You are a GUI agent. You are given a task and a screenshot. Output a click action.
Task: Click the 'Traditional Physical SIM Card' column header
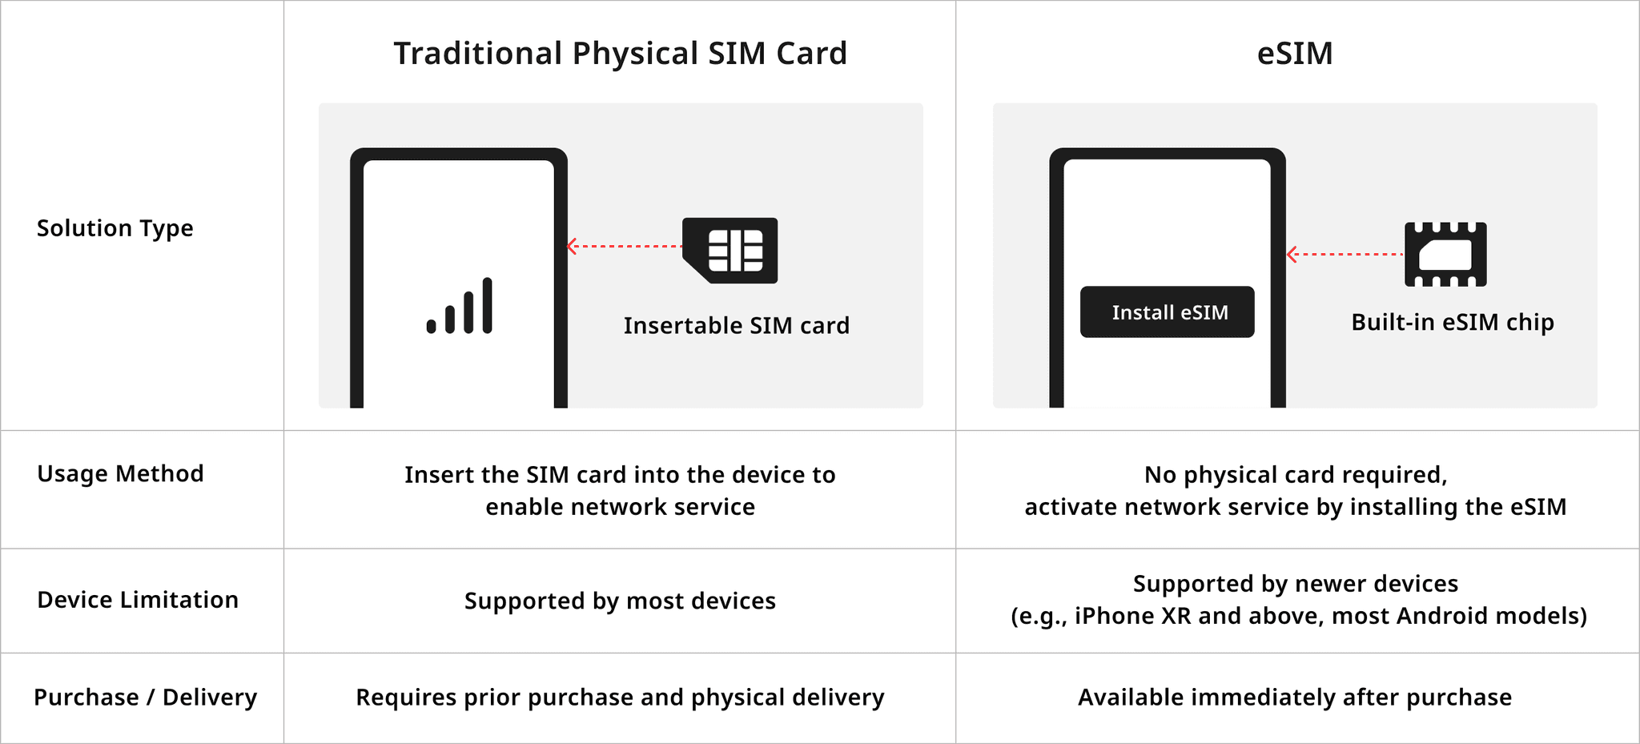click(x=620, y=54)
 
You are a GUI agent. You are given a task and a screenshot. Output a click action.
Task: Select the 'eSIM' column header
click(x=1295, y=54)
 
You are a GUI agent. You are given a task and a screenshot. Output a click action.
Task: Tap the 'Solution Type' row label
click(x=115, y=228)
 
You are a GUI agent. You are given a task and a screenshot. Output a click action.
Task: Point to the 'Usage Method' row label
click(x=120, y=473)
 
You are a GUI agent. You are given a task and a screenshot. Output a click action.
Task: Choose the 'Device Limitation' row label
click(x=138, y=600)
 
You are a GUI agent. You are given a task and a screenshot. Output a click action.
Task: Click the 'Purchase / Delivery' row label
click(x=145, y=698)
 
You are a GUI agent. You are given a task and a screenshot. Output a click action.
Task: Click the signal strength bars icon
click(x=460, y=306)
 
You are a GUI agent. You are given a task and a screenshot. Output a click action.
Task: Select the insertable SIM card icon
click(x=730, y=250)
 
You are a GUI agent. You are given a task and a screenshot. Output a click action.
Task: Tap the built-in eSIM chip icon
click(x=1445, y=255)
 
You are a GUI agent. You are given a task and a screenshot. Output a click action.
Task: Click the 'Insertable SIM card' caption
click(x=736, y=326)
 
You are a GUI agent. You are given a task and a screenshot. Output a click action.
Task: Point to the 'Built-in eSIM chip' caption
click(x=1452, y=322)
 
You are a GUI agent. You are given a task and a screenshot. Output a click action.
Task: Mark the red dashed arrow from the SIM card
click(x=624, y=246)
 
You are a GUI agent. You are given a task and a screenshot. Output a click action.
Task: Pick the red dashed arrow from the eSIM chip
click(x=1345, y=255)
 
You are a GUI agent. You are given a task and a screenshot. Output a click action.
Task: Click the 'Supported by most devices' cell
click(x=620, y=601)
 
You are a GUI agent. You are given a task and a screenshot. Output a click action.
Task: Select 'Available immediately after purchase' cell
click(x=1294, y=698)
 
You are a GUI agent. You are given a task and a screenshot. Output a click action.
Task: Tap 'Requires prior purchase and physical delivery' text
click(x=620, y=698)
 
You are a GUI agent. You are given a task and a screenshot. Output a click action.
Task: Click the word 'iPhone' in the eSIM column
click(x=1111, y=616)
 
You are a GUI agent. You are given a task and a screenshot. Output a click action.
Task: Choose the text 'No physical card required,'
click(x=1295, y=475)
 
